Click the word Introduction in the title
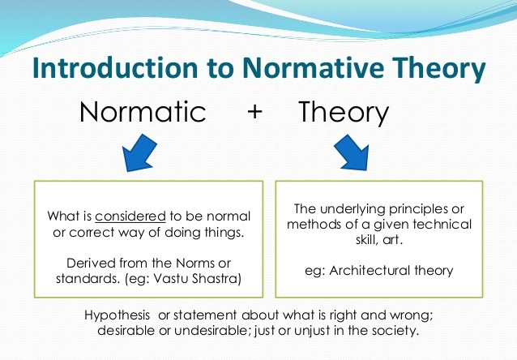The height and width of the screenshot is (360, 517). (x=115, y=68)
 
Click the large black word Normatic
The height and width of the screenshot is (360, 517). (x=143, y=112)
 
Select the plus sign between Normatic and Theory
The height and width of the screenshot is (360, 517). (x=254, y=112)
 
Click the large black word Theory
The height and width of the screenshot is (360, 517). (x=344, y=113)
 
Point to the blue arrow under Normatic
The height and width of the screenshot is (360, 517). (x=139, y=152)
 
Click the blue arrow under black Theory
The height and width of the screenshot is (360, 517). (x=352, y=152)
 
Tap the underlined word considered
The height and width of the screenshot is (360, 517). (x=130, y=216)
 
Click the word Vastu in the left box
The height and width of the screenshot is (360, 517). (x=171, y=278)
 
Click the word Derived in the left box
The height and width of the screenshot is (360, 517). (x=91, y=264)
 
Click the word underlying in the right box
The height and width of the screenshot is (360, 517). (x=353, y=210)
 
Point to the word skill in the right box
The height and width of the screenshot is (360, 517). (x=367, y=240)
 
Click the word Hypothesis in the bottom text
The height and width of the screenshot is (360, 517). (x=117, y=315)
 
